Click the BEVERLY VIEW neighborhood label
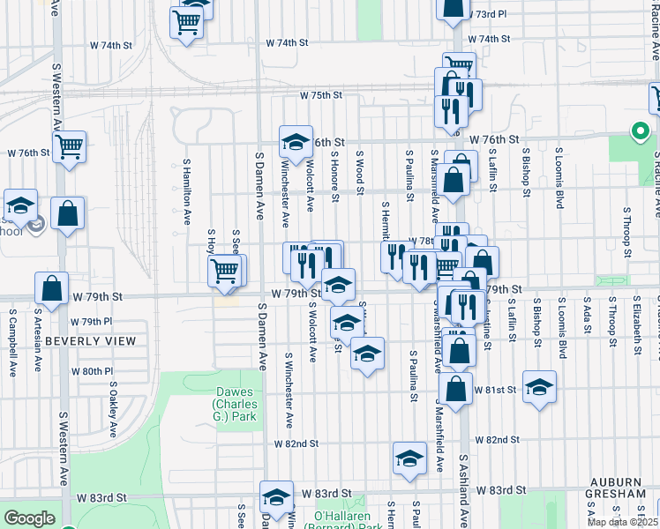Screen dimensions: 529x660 91,341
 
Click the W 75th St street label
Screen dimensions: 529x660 319,95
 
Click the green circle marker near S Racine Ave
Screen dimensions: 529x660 640,132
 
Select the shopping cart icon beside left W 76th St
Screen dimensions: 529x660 69,146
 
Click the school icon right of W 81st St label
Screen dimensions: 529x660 539,386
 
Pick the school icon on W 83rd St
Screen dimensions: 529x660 276,496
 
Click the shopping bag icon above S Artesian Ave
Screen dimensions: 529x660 52,287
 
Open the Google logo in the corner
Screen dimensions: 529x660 29,518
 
